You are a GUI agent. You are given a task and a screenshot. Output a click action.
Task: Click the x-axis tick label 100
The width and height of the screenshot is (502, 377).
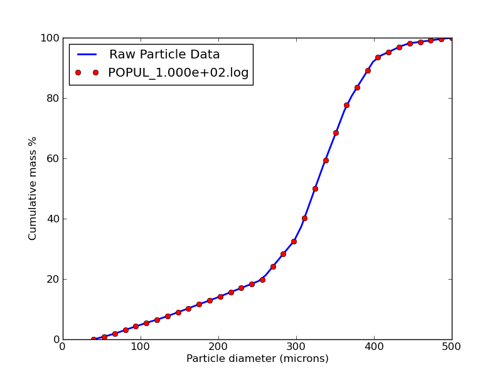tap(141, 346)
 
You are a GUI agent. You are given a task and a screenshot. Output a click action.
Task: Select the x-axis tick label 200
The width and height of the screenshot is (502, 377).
tap(218, 346)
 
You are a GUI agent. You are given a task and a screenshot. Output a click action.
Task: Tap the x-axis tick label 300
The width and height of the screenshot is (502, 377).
tap(296, 346)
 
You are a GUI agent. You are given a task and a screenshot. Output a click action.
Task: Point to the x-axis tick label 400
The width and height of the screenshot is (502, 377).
tap(374, 346)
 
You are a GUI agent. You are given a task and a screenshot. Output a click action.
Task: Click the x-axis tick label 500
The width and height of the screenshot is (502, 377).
tap(452, 346)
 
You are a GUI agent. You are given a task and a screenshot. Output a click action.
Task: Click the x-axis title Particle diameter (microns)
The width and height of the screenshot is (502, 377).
tap(257, 359)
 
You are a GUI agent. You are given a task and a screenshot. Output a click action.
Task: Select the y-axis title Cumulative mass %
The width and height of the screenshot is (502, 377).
tap(33, 188)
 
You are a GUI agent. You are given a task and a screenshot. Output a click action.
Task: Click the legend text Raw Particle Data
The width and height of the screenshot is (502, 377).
tap(164, 55)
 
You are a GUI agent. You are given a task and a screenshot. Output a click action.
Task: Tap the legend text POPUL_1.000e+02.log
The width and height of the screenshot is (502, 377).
tap(178, 73)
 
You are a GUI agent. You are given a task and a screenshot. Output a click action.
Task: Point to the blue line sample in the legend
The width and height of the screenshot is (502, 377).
tap(87, 55)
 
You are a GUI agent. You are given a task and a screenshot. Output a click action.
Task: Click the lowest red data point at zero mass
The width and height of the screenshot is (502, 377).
tap(93, 339)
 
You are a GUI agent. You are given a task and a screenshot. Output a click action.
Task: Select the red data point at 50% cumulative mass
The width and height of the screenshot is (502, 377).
tap(315, 188)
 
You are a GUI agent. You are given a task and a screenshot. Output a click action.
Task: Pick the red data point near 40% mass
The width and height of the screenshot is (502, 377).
tap(304, 218)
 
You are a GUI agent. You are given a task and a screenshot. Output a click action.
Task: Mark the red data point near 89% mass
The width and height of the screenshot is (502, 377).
tap(368, 70)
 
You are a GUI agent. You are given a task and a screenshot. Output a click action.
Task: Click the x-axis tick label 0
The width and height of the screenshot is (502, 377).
tap(63, 346)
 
